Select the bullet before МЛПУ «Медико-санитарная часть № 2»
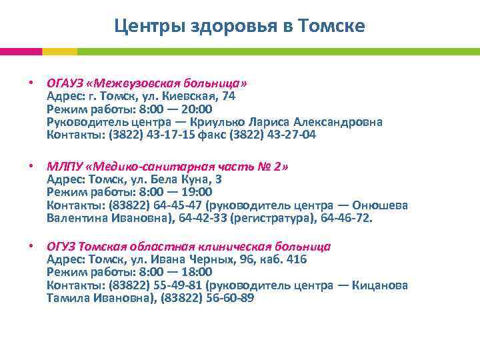click(x=31, y=166)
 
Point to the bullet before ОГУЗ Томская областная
click(x=31, y=247)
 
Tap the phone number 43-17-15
click(x=174, y=135)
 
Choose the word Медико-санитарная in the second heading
click(x=159, y=166)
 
